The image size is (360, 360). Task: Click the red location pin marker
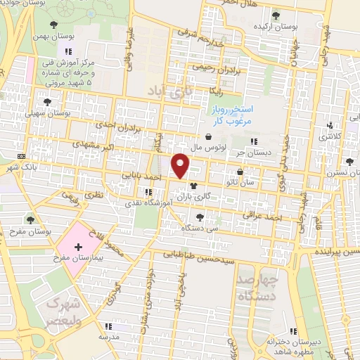click(x=181, y=166)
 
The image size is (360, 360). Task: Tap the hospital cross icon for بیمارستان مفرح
click(x=77, y=247)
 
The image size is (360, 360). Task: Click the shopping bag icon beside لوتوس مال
click(x=208, y=137)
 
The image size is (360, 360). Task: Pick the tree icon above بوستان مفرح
click(x=29, y=220)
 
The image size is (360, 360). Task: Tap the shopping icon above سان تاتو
click(x=240, y=172)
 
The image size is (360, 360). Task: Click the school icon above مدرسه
click(x=108, y=326)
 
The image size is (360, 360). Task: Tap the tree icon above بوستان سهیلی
click(x=47, y=102)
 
